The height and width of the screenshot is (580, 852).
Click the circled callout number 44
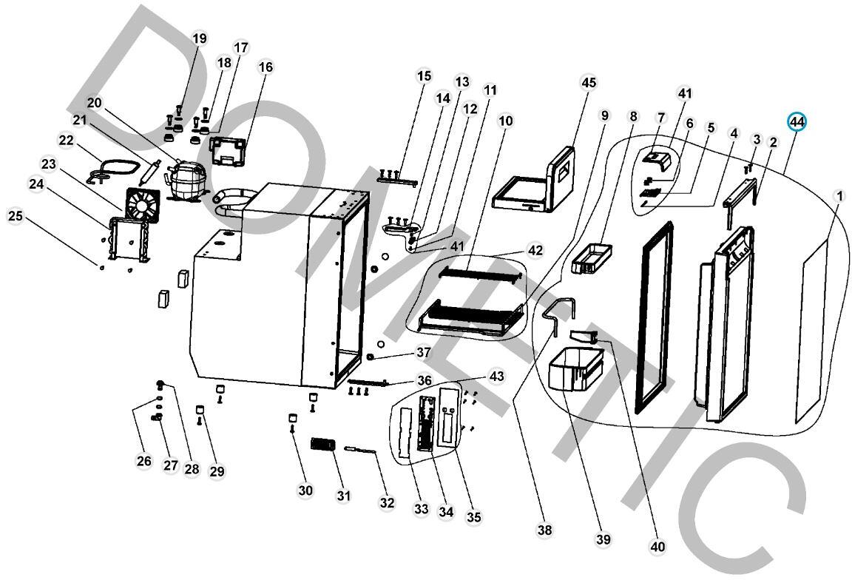click(x=797, y=121)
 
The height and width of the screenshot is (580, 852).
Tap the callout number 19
click(x=200, y=38)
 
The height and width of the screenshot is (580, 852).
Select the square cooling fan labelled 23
click(x=142, y=204)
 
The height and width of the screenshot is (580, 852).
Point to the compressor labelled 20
click(x=181, y=180)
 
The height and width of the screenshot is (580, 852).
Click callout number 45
click(x=588, y=82)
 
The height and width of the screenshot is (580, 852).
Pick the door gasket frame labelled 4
click(x=655, y=314)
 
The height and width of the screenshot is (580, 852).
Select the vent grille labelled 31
click(x=322, y=445)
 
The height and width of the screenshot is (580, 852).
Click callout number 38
click(x=545, y=530)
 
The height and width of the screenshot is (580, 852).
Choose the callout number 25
click(x=16, y=216)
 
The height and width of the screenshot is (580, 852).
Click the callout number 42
click(x=535, y=250)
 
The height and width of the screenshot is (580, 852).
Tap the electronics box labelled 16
click(x=229, y=151)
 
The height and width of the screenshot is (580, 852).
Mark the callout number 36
click(x=424, y=380)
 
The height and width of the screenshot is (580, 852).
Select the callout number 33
click(x=422, y=509)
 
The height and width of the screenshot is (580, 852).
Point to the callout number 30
click(x=305, y=490)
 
